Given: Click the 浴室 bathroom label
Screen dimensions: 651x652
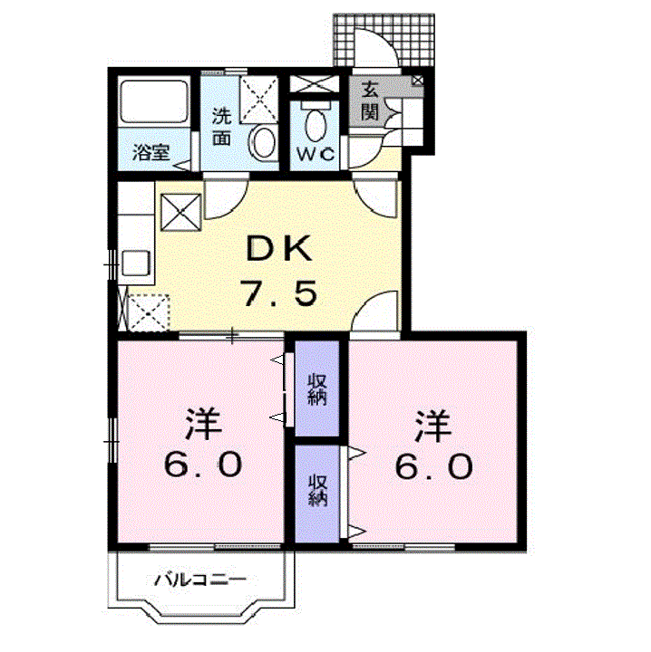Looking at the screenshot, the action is (151, 152).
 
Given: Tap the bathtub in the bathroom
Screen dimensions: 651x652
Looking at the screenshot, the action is (153, 101).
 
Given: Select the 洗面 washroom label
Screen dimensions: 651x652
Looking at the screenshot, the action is (221, 127).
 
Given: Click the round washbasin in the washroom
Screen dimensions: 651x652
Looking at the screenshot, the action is (264, 144).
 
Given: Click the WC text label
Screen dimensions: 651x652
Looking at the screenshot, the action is (316, 155).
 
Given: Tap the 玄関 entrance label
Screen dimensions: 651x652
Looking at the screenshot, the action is (370, 101).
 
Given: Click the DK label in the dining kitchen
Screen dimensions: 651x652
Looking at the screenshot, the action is (279, 249).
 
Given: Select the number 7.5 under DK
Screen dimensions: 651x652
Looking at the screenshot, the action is (280, 293).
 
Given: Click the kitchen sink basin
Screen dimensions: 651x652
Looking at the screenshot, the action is (135, 263).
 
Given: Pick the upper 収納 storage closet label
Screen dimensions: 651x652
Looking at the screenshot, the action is (317, 389).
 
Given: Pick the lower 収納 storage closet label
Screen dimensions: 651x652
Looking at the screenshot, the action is (317, 491).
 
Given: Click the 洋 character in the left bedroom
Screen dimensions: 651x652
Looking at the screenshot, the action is (203, 424).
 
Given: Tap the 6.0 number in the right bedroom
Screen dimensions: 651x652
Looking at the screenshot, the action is (433, 465).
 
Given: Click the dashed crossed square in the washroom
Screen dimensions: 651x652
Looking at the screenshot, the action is (259, 99).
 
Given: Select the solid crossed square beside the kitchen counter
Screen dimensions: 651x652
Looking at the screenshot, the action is (180, 212).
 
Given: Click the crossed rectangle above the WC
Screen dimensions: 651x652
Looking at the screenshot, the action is (315, 84).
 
